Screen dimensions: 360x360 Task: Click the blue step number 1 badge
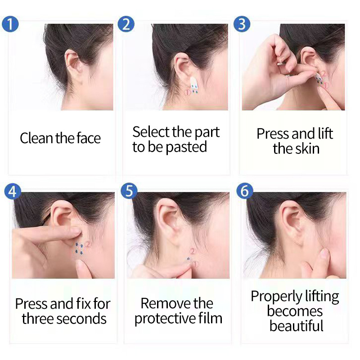10,23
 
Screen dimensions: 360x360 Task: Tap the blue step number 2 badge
126,23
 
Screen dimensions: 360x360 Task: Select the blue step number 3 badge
242,23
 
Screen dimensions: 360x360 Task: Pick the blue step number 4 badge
13,191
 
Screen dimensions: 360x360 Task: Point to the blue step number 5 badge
129,191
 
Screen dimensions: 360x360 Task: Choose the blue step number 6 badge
245,191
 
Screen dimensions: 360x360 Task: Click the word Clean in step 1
36,138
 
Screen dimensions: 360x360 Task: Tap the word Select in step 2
151,132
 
